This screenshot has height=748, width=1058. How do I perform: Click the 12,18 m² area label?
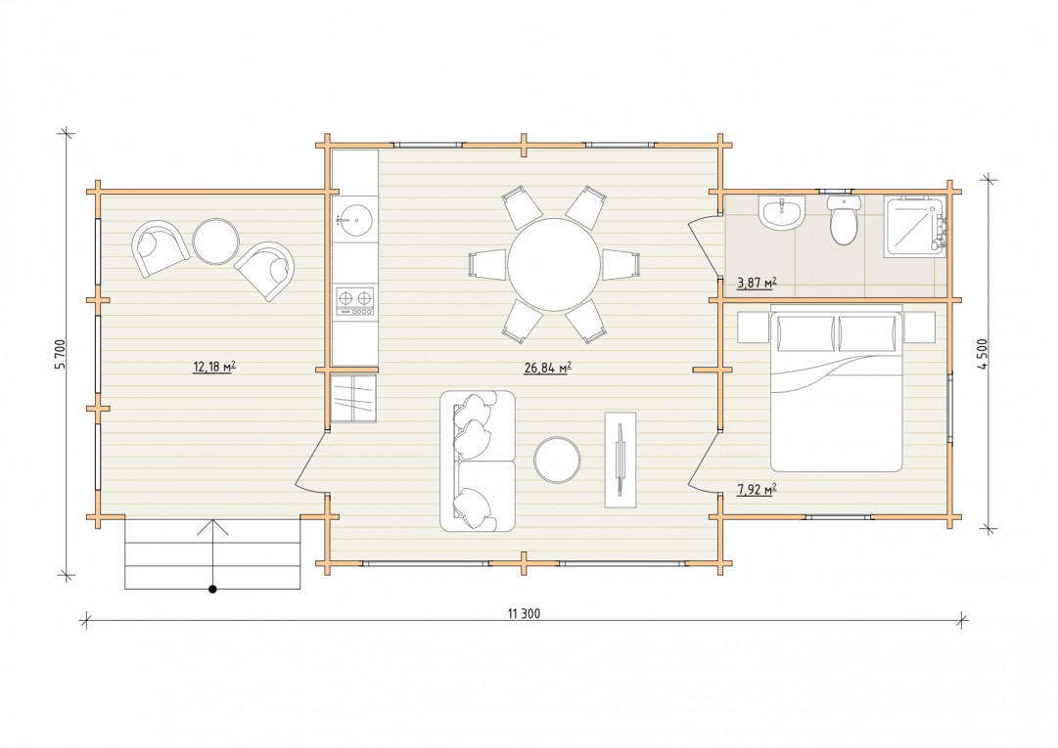(214, 368)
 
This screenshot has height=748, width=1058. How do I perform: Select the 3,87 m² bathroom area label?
(756, 283)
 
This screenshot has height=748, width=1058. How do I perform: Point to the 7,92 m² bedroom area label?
(757, 490)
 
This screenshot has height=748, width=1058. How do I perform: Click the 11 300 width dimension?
(524, 614)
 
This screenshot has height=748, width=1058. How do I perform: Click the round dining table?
(554, 264)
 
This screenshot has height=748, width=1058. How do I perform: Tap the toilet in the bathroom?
(844, 220)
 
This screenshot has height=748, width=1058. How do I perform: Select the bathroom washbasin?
(782, 213)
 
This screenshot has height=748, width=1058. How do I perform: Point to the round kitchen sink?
(353, 220)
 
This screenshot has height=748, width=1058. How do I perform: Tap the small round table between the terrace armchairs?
(216, 242)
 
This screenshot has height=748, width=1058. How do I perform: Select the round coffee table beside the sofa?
(557, 460)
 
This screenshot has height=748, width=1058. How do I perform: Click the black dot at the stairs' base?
(212, 590)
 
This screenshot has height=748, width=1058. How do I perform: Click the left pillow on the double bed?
(805, 333)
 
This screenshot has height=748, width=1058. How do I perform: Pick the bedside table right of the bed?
(920, 327)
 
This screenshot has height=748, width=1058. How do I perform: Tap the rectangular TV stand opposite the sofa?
(621, 460)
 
